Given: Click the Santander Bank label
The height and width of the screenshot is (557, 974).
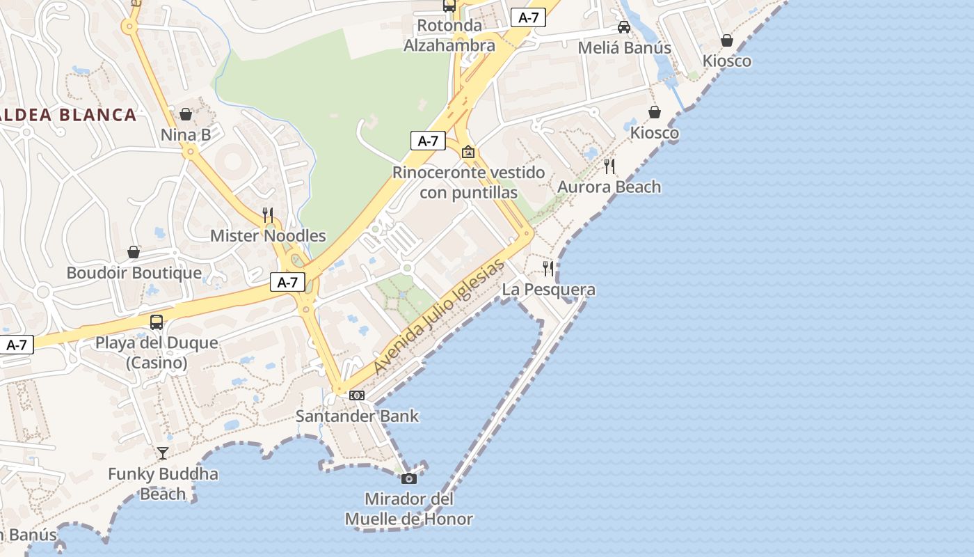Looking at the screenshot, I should [357, 416].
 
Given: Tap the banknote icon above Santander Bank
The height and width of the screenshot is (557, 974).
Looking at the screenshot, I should [357, 395].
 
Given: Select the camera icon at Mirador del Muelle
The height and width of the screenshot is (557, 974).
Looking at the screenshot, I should [409, 478].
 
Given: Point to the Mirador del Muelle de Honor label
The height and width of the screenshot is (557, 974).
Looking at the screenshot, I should [409, 509].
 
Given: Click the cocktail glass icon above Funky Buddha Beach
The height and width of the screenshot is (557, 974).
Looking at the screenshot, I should [163, 453].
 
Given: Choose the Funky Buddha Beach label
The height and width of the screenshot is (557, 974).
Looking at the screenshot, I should [163, 484].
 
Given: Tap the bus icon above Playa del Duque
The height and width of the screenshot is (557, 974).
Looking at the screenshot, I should [157, 322].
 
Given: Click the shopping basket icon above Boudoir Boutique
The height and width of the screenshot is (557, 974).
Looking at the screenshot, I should [134, 252].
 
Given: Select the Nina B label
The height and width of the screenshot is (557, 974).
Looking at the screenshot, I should [186, 134].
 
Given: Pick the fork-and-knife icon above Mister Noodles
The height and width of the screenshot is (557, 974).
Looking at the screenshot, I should [268, 214].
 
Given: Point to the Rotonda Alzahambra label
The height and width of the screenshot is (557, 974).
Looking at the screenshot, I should [449, 36].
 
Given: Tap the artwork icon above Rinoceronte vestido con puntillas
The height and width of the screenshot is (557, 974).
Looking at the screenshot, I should [468, 151].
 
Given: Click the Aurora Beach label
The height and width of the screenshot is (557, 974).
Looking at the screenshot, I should [609, 187].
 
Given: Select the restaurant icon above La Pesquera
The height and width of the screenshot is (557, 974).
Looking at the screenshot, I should [548, 268].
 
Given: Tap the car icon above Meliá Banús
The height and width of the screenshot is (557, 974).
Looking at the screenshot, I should [624, 27].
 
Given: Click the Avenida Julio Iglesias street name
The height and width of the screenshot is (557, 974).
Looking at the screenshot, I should [438, 317].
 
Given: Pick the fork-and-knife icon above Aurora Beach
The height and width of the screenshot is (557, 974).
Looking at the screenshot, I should [609, 166].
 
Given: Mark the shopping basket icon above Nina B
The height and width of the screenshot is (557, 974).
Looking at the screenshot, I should [186, 114].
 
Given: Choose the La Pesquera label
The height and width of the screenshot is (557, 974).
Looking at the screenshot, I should [548, 290].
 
